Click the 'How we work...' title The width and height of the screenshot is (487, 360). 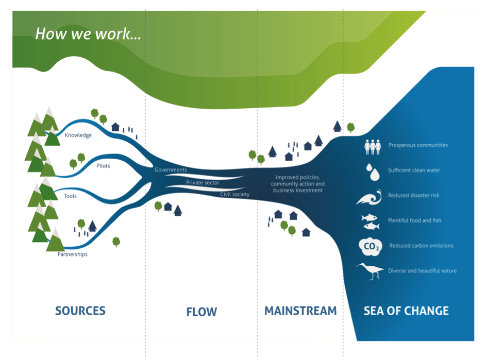[x=88, y=35]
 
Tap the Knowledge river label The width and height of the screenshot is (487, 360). [x=78, y=135]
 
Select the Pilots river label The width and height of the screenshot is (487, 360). [x=103, y=166]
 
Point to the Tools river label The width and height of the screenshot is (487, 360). [x=71, y=196]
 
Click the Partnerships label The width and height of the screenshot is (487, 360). [x=72, y=254]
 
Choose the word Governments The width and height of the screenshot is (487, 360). [x=171, y=169]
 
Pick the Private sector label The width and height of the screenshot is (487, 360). [x=203, y=182]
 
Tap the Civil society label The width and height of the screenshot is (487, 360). [x=234, y=194]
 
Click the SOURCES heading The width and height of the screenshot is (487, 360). [x=80, y=311]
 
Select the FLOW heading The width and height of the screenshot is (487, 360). [x=201, y=312]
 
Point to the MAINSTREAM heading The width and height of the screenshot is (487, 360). [x=300, y=311]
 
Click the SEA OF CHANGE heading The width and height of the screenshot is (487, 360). [x=406, y=311]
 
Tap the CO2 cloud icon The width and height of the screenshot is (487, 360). [x=370, y=246]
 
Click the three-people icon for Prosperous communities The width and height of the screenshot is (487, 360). [x=373, y=147]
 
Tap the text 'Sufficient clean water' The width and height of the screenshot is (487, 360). [x=414, y=170]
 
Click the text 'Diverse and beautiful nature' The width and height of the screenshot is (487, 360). [x=422, y=270]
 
